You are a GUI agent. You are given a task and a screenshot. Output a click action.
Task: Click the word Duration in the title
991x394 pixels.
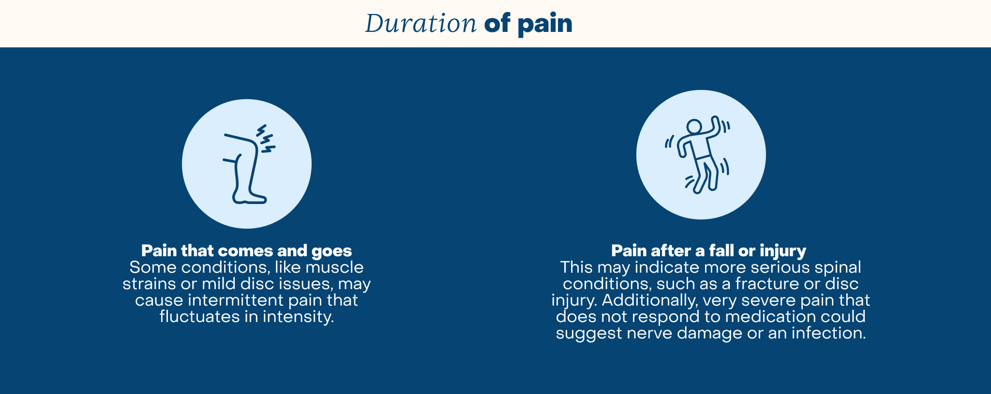pyautogui.click(x=420, y=23)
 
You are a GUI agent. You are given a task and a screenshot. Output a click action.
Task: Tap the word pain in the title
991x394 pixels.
pyautogui.click(x=545, y=24)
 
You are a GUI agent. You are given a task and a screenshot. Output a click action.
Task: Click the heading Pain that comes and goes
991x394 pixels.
pyautogui.click(x=246, y=250)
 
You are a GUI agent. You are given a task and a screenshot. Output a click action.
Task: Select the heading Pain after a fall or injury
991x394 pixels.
pyautogui.click(x=708, y=250)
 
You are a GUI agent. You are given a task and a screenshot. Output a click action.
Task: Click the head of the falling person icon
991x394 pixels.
pyautogui.click(x=694, y=127)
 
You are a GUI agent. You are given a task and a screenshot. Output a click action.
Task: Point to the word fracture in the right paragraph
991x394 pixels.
pyautogui.click(x=767, y=284)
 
